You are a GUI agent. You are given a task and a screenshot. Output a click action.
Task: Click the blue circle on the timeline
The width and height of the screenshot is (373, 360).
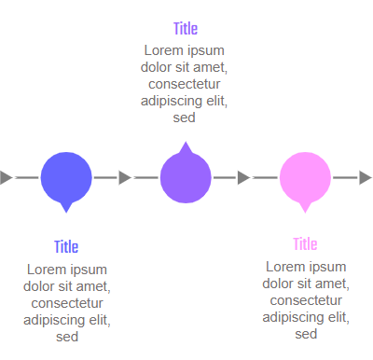[x=66, y=176]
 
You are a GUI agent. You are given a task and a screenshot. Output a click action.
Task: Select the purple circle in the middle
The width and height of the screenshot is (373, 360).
[x=186, y=176]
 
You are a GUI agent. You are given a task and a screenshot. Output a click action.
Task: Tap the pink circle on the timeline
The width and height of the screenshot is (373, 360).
[x=305, y=176]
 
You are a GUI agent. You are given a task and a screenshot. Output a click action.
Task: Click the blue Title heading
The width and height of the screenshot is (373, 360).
[x=66, y=247]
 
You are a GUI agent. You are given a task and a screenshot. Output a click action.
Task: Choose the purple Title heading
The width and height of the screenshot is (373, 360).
[x=186, y=29]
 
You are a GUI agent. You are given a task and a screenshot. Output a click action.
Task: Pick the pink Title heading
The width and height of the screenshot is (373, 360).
[x=305, y=244]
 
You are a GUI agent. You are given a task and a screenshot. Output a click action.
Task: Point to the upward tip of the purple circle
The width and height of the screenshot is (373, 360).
[x=186, y=145]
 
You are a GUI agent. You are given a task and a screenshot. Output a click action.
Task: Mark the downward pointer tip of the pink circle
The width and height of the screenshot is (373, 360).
[x=305, y=208]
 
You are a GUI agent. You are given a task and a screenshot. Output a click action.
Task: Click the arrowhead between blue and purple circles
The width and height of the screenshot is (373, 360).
[x=125, y=177]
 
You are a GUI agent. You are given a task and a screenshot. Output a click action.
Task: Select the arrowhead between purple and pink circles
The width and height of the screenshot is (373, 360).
[x=244, y=177]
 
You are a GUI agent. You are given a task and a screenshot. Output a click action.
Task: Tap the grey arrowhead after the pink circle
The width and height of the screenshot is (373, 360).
[x=366, y=177]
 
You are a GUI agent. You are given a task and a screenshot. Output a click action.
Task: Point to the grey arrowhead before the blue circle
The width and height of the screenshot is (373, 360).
[x=6, y=177]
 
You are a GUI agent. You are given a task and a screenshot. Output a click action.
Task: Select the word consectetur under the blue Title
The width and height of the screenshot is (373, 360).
[x=67, y=303]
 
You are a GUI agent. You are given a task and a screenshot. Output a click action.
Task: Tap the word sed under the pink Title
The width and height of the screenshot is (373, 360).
[x=306, y=334]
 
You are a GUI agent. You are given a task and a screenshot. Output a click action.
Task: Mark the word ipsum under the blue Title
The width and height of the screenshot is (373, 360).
[x=90, y=270]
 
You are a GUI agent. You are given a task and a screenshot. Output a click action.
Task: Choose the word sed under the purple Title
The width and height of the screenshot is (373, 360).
[x=185, y=118]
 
